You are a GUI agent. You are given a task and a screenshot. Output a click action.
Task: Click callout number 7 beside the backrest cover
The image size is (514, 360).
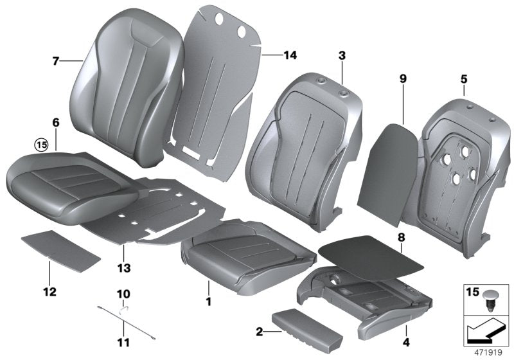(x=55, y=62)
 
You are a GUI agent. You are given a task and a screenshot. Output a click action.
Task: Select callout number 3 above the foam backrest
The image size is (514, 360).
(x=342, y=57)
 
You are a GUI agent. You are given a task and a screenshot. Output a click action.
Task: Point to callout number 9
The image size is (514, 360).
(x=403, y=79)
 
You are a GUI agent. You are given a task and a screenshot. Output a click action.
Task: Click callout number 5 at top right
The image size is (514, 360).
(x=463, y=80)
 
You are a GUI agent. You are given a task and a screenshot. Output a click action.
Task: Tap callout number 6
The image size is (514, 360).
(x=55, y=122)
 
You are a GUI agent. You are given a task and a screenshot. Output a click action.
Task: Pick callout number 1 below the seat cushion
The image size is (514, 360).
(x=208, y=301)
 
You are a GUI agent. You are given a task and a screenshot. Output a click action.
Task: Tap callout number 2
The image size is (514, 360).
(x=258, y=332)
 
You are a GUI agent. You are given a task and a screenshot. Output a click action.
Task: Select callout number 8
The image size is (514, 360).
(x=400, y=238)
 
